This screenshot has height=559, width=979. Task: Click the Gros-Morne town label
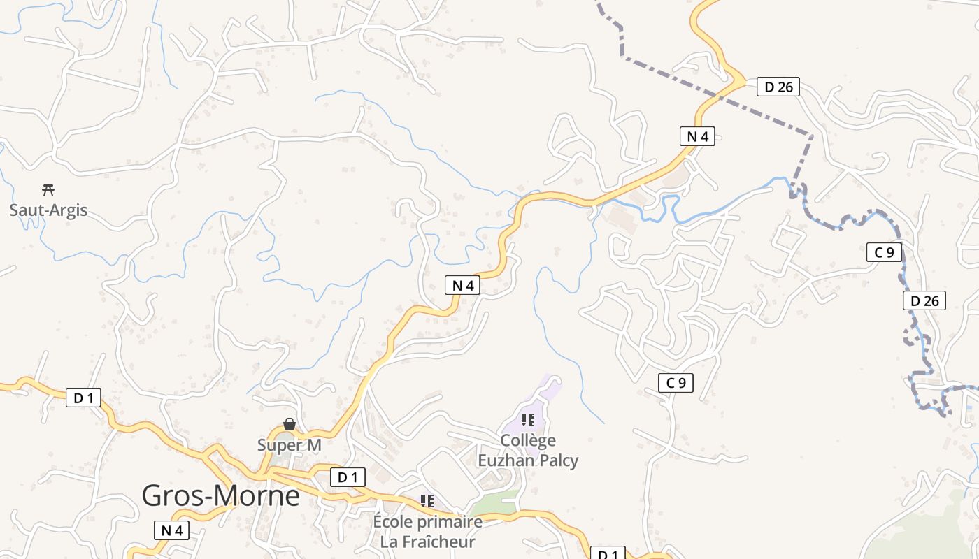220,495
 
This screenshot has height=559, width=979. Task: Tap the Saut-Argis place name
48,210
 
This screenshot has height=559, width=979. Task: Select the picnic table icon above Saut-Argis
48,189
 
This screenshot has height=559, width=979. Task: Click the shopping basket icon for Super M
289,424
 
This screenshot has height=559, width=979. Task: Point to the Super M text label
289,445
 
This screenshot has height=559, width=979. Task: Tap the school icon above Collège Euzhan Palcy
528,419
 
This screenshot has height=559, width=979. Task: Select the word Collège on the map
528,440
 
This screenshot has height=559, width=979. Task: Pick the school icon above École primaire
427,501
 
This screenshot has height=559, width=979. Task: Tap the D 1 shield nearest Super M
348,477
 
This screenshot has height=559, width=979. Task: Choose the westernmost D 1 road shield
84,398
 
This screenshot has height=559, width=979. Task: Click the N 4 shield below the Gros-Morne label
171,530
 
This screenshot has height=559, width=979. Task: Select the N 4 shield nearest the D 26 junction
697,136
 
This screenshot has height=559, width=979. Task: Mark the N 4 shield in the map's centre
462,284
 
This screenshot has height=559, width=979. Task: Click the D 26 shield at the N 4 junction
778,87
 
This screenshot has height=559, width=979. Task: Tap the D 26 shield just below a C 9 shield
924,300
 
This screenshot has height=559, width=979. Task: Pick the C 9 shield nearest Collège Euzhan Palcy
676,382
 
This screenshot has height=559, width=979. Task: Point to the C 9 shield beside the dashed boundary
884,252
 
